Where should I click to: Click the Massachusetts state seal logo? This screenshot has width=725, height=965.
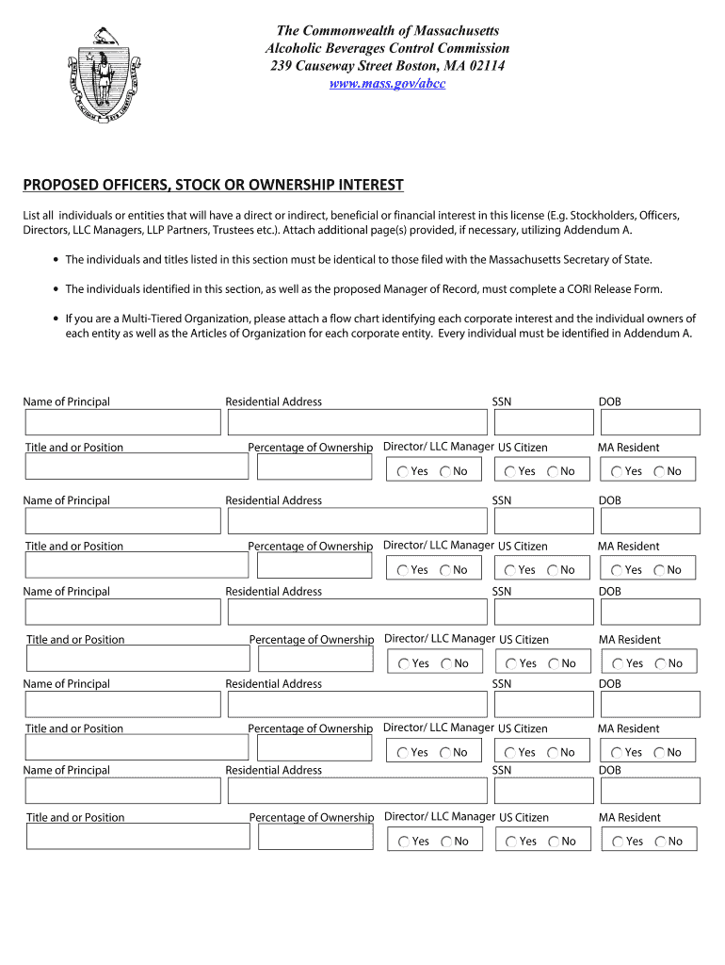pyautogui.click(x=103, y=77)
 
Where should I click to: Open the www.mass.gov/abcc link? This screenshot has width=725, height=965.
pyautogui.click(x=387, y=84)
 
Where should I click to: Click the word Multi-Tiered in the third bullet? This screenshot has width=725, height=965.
pyautogui.click(x=152, y=319)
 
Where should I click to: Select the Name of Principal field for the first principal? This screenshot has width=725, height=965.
pyautogui.click(x=121, y=422)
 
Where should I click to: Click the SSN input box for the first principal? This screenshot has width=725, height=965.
pyautogui.click(x=540, y=422)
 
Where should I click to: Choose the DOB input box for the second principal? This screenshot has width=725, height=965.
pyautogui.click(x=649, y=521)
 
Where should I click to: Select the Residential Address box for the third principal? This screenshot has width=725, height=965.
pyautogui.click(x=357, y=612)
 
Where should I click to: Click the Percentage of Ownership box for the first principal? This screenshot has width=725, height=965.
pyautogui.click(x=314, y=467)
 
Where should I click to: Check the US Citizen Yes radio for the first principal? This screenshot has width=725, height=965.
pyautogui.click(x=510, y=472)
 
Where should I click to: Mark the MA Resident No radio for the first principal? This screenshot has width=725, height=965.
pyautogui.click(x=660, y=472)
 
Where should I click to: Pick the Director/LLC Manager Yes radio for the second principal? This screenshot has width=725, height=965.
pyautogui.click(x=403, y=570)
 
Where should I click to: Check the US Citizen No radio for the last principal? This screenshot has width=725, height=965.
pyautogui.click(x=555, y=842)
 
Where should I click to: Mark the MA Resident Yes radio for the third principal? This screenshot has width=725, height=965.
pyautogui.click(x=618, y=664)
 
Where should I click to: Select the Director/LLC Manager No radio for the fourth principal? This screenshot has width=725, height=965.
pyautogui.click(x=445, y=753)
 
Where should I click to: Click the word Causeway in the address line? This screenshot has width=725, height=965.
pyautogui.click(x=329, y=66)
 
